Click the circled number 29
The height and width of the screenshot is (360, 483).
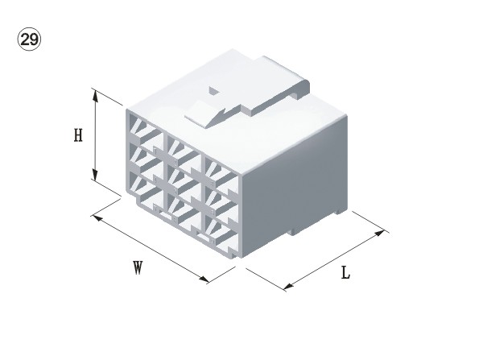coord(29,39)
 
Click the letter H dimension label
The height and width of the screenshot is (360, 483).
coord(78,135)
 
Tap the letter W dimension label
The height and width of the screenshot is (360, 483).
coord(138,267)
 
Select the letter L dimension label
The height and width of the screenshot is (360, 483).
coord(346,273)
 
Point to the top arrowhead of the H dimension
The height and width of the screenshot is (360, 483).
coord(95,96)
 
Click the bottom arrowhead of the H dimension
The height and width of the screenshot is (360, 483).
coord(95,174)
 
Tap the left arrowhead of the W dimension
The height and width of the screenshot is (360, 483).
coord(98,218)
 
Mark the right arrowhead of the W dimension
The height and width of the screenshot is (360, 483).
coord(204,279)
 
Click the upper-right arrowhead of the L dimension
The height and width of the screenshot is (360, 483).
coord(379,233)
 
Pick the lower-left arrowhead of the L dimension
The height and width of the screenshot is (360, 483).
coord(289,287)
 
